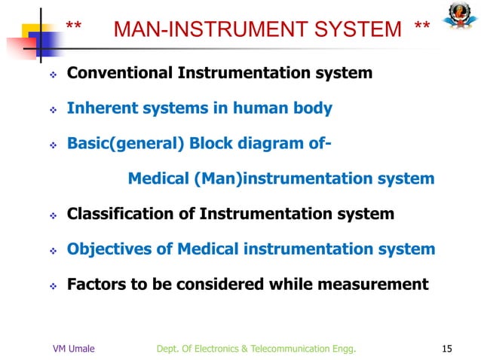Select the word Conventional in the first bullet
[x=121, y=74]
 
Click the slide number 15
[x=447, y=348]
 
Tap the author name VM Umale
[x=73, y=348]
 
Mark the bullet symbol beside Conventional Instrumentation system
[x=54, y=75]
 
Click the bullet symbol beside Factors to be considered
[x=54, y=286]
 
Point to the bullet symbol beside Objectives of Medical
[x=54, y=251]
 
